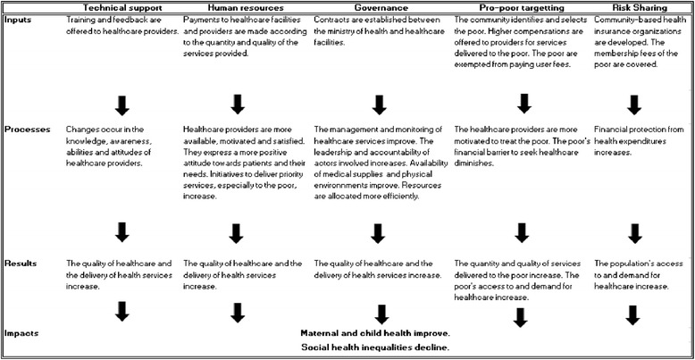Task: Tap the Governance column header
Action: pyautogui.click(x=381, y=7)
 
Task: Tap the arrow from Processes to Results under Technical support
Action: pyautogui.click(x=122, y=233)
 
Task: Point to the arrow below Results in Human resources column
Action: pyautogui.click(x=237, y=312)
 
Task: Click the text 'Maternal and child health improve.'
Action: pyautogui.click(x=374, y=332)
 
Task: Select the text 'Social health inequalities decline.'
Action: pyautogui.click(x=374, y=347)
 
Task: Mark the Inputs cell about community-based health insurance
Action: pyautogui.click(x=640, y=35)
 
